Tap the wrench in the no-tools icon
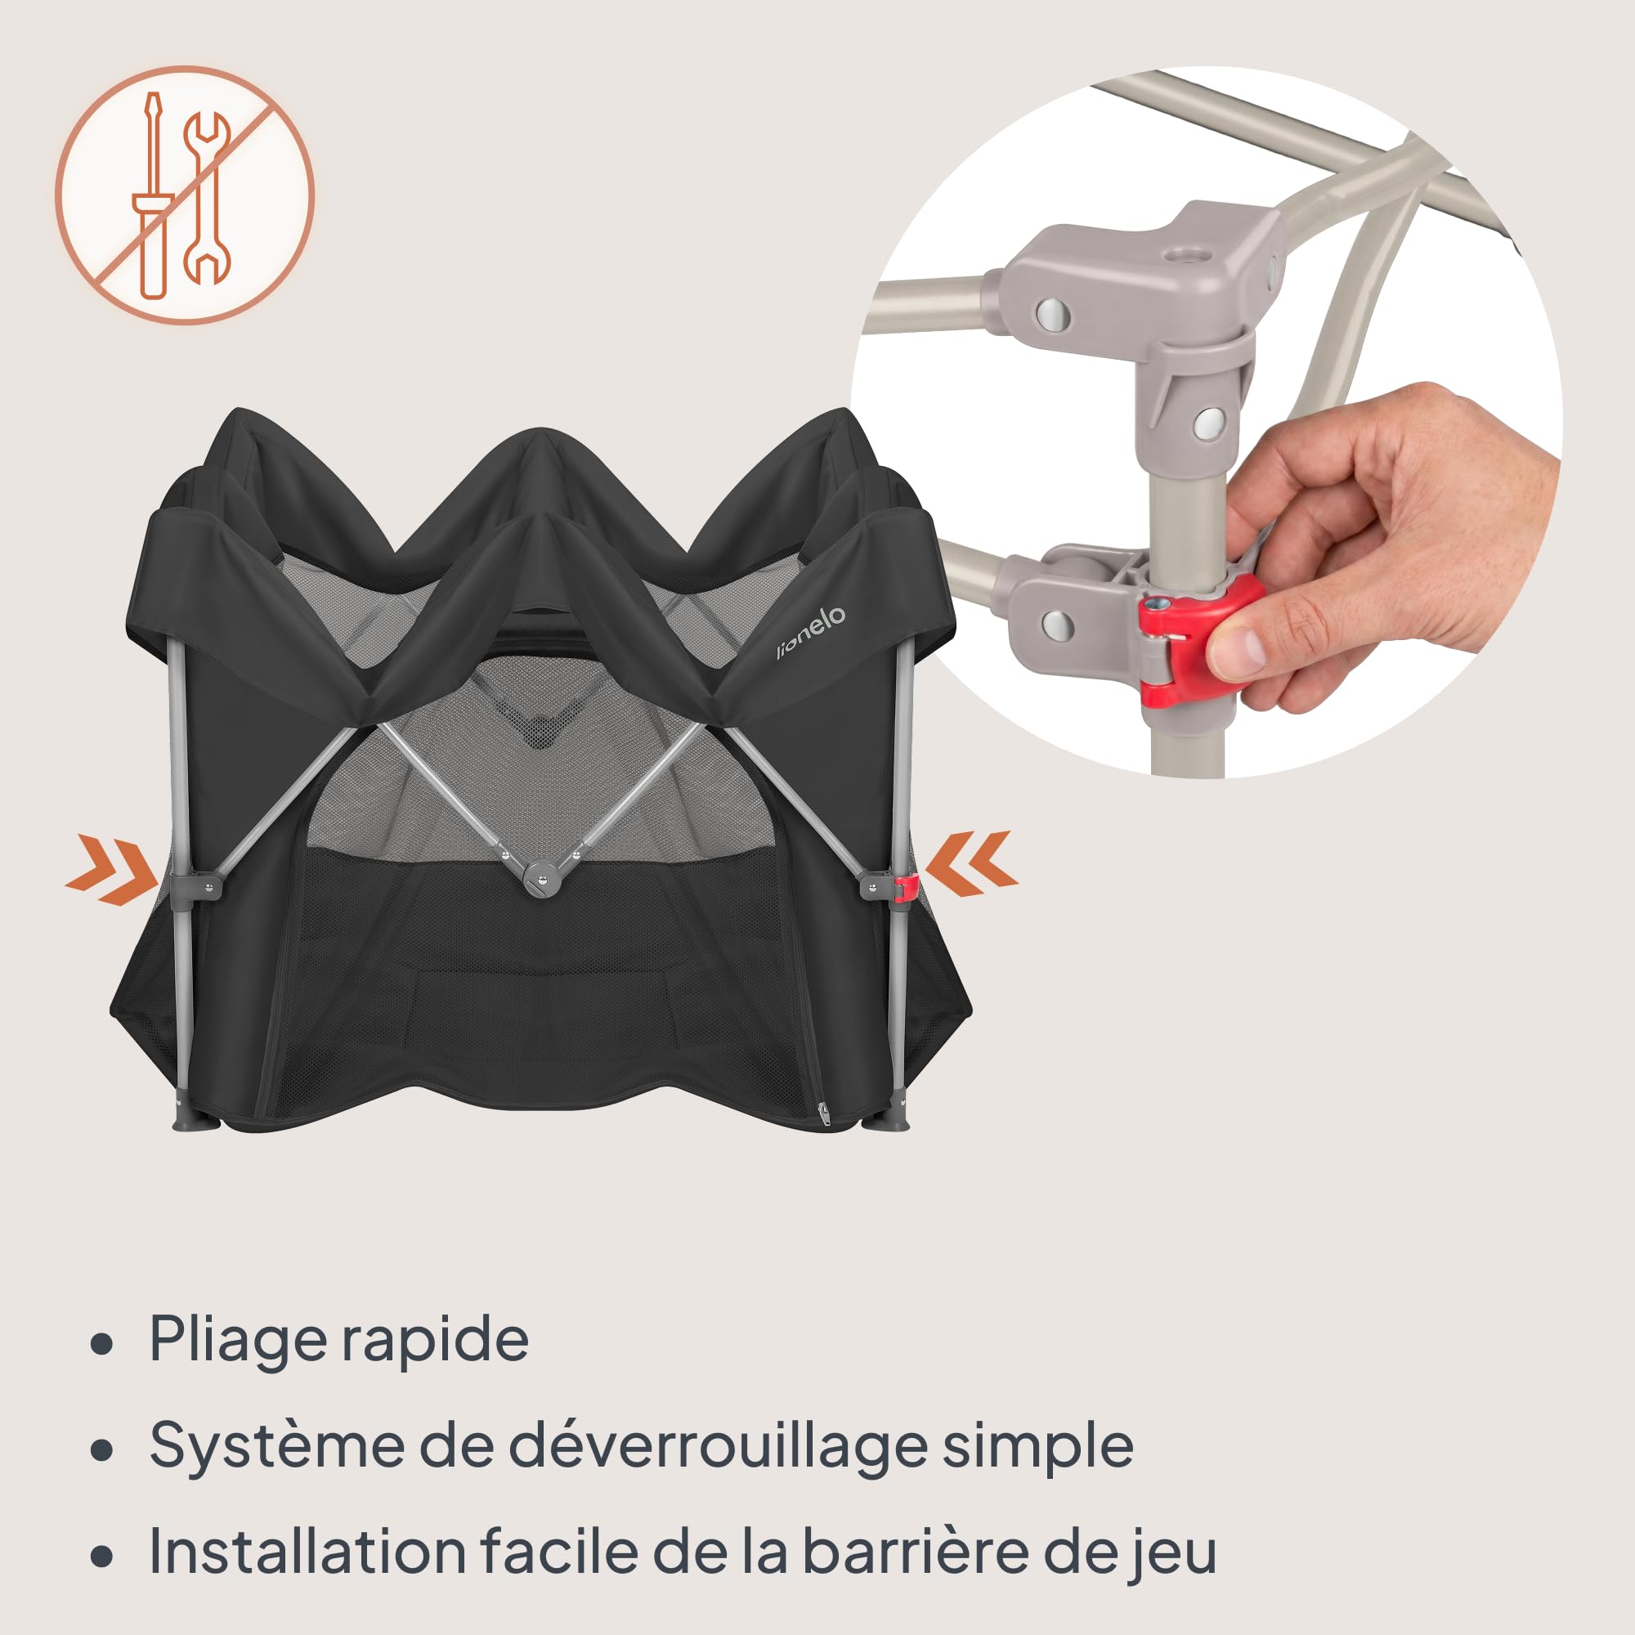[x=207, y=197]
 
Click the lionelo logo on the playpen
[x=811, y=632]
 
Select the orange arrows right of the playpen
[x=971, y=864]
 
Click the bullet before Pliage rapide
[x=101, y=1346]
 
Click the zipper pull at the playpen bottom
[x=822, y=1114]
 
